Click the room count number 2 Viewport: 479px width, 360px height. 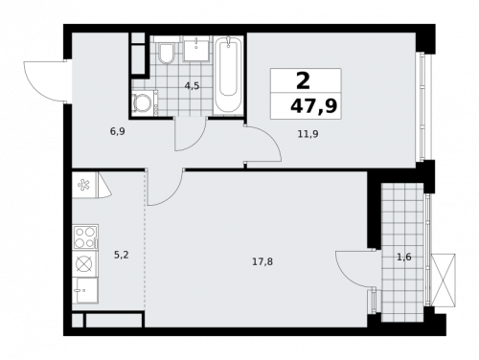(306, 81)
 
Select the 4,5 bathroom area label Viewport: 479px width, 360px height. (193, 85)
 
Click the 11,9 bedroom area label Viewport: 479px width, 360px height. (308, 134)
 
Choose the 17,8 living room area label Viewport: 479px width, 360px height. (262, 260)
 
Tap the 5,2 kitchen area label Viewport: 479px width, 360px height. (122, 255)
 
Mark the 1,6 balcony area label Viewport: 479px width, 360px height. (404, 257)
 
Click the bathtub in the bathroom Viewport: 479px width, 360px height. (227, 74)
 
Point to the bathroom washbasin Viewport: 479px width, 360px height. (199, 48)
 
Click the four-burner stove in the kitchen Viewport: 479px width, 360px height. (84, 236)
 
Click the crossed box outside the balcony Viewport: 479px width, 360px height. (444, 280)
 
